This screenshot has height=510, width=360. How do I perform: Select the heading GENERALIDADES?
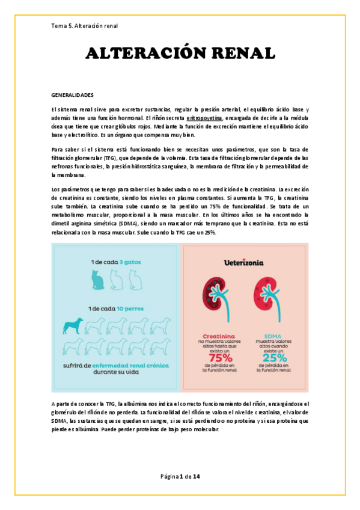tap(72, 95)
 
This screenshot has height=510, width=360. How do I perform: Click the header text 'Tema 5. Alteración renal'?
tap(85, 26)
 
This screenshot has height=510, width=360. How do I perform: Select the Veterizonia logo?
tap(245, 263)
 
